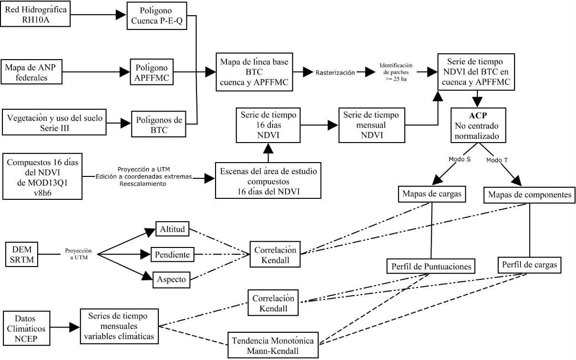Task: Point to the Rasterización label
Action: click(x=335, y=72)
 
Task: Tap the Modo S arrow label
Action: click(x=460, y=160)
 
